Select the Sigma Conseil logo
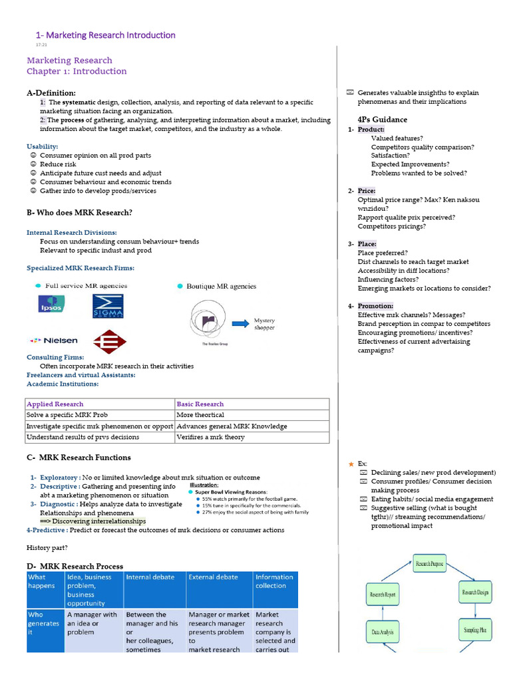108,306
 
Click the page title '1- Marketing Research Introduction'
105,35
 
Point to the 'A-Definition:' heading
51,92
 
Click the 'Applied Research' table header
55,404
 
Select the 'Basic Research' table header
200,404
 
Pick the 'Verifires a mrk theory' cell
211,437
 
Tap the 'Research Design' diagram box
476,591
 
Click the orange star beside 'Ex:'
351,464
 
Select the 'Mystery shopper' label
264,324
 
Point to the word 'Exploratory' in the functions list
59,477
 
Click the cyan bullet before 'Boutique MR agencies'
180,286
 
